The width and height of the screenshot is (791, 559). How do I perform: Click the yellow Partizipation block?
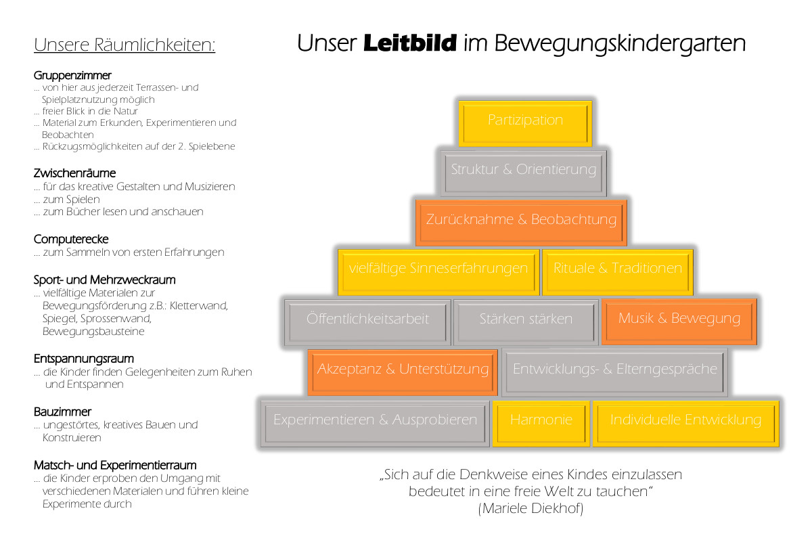pyautogui.click(x=525, y=122)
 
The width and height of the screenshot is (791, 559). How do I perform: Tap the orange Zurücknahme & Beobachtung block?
pyautogui.click(x=521, y=221)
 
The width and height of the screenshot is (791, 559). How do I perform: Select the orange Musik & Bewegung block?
pyautogui.click(x=679, y=320)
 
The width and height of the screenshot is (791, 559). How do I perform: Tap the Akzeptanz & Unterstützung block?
pyautogui.click(x=403, y=371)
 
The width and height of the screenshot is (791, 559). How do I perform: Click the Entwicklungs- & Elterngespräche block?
pyautogui.click(x=614, y=371)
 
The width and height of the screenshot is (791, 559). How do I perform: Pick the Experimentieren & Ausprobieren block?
pyautogui.click(x=375, y=422)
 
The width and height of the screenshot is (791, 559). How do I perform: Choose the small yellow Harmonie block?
pyautogui.click(x=541, y=422)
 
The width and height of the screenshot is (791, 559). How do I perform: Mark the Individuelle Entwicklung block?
pyautogui.click(x=685, y=422)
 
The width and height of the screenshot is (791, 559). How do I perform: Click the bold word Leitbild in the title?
pyautogui.click(x=410, y=44)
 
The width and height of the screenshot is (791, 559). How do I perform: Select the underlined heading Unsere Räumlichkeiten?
pyautogui.click(x=125, y=45)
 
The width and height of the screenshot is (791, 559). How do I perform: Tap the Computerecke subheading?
pyautogui.click(x=71, y=239)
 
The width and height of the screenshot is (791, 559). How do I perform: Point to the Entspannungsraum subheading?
pyautogui.click(x=84, y=359)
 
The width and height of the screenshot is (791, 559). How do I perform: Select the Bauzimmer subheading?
pyautogui.click(x=62, y=411)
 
